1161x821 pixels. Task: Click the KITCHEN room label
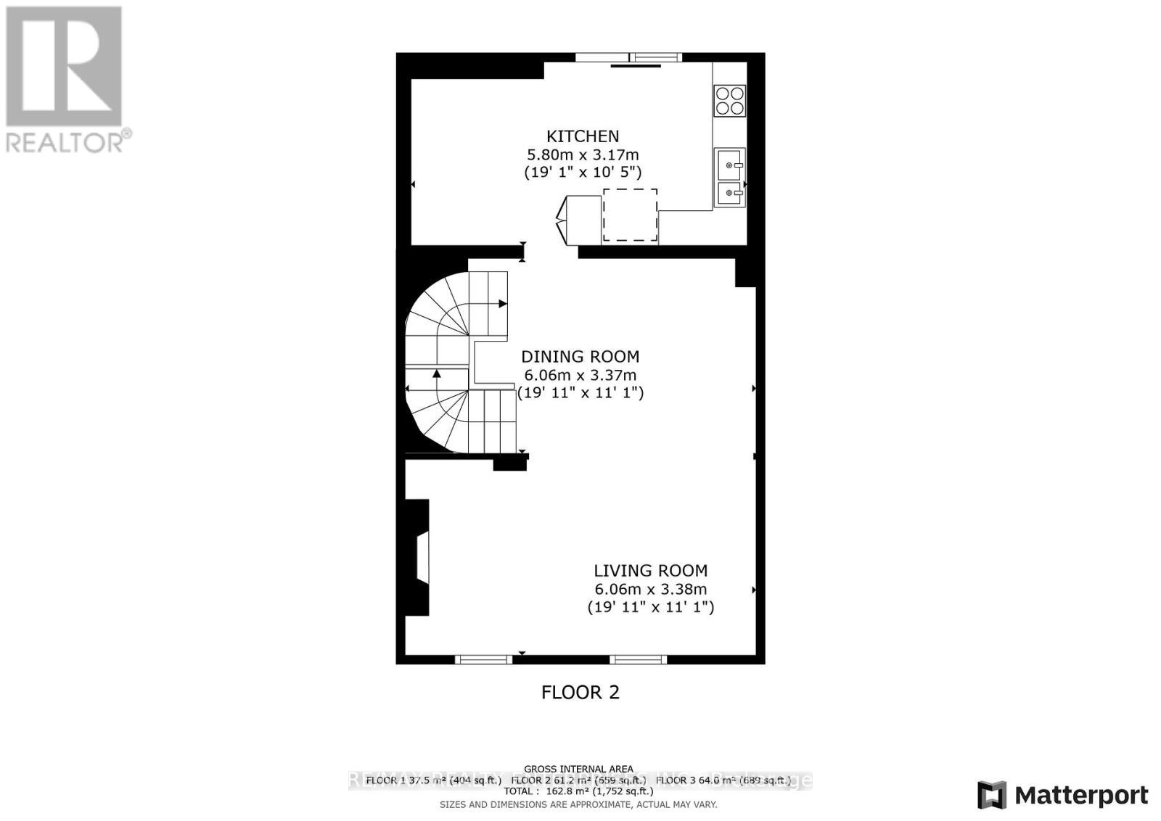pyautogui.click(x=582, y=136)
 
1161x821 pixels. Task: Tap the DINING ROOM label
pyautogui.click(x=580, y=356)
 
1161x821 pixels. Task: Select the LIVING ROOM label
pyautogui.click(x=650, y=571)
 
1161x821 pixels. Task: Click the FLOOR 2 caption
pyautogui.click(x=580, y=692)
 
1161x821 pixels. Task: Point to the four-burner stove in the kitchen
pyautogui.click(x=730, y=100)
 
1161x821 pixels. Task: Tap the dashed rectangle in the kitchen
pyautogui.click(x=630, y=215)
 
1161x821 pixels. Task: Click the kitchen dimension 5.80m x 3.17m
pyautogui.click(x=582, y=154)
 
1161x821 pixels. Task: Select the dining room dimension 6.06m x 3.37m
pyautogui.click(x=580, y=375)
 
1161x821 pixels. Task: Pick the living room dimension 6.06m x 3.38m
pyautogui.click(x=650, y=590)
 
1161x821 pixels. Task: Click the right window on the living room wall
pyautogui.click(x=638, y=659)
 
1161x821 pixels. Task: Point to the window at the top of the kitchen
pyautogui.click(x=628, y=57)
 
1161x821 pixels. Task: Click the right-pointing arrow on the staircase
pyautogui.click(x=502, y=304)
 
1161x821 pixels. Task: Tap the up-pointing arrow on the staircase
pyautogui.click(x=437, y=374)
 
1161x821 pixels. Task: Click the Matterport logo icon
pyautogui.click(x=992, y=795)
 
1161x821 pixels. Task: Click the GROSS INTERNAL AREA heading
pyautogui.click(x=578, y=769)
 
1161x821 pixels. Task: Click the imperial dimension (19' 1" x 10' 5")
pyautogui.click(x=582, y=173)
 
